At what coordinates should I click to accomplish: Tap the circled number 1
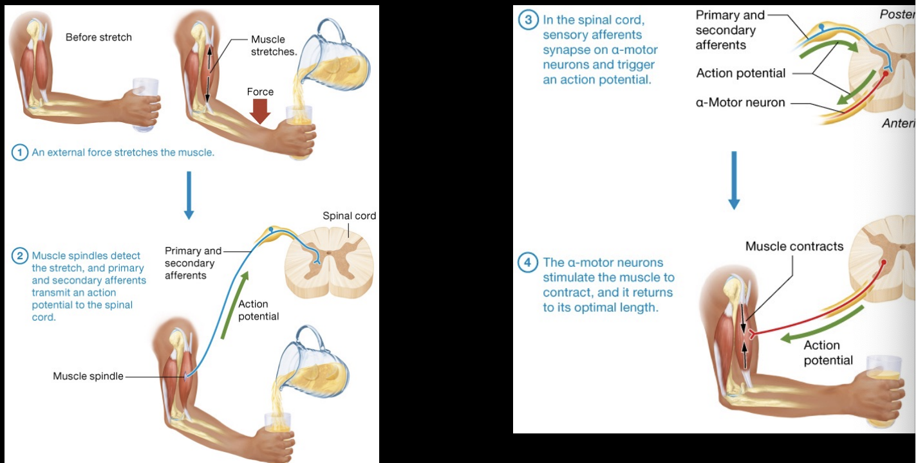(21, 153)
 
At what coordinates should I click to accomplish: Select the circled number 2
(21, 255)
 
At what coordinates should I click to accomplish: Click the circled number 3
(528, 20)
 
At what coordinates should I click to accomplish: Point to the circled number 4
(528, 262)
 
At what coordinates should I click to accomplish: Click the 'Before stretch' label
(98, 37)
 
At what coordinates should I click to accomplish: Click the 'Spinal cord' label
(349, 215)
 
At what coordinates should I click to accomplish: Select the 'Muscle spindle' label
(88, 376)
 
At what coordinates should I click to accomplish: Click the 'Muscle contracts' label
(794, 246)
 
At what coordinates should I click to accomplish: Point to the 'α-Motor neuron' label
(740, 102)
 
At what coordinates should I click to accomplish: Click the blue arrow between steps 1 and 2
(189, 195)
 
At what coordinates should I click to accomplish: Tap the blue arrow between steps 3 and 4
(734, 180)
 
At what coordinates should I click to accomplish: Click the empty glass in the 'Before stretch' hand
(145, 103)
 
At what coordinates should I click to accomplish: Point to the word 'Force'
(260, 92)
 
